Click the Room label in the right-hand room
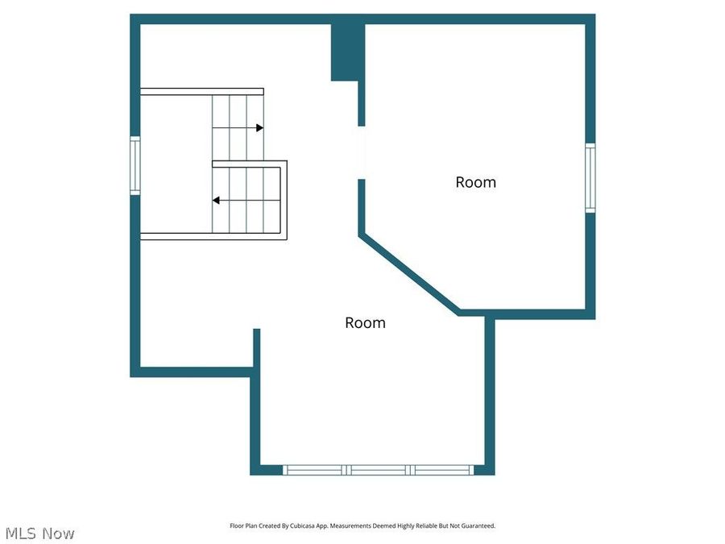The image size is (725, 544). [x=475, y=182]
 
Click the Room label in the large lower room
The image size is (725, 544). [x=365, y=322]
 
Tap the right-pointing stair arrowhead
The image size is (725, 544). [x=259, y=127]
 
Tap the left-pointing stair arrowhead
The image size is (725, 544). [x=216, y=200]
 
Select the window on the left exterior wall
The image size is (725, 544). [x=135, y=165]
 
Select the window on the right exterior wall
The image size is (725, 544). [x=590, y=177]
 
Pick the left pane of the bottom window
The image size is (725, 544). [x=314, y=469]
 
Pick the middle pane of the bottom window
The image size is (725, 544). [x=378, y=469]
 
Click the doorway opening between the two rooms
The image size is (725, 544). [x=362, y=152]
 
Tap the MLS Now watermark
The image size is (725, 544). [x=39, y=533]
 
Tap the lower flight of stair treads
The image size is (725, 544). [x=246, y=200]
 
